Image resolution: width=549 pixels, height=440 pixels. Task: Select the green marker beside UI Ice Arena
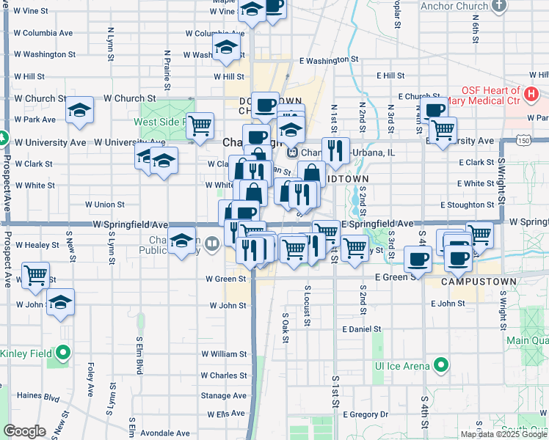tap(440, 364)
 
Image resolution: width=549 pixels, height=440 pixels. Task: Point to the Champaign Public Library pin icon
tap(212, 243)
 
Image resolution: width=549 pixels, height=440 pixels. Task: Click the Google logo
tap(24, 431)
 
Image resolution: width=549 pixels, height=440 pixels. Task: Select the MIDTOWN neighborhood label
tap(346, 178)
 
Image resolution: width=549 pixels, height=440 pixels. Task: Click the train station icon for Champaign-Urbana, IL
tap(292, 153)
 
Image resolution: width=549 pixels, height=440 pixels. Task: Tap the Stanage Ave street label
tap(225, 395)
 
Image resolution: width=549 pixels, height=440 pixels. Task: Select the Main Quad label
tap(527, 340)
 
